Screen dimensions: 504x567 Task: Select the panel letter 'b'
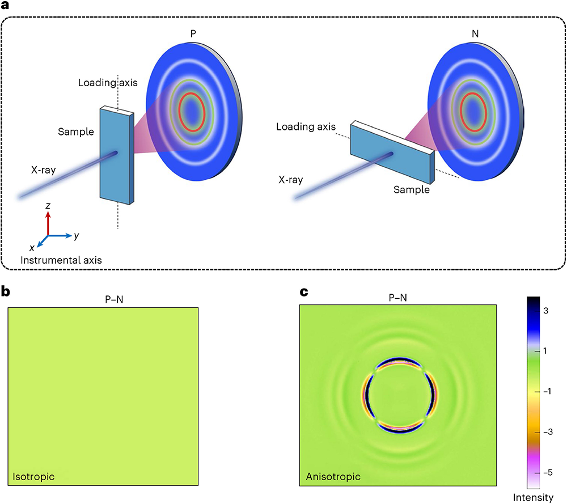coord(6,293)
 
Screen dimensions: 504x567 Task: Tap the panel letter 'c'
coord(303,293)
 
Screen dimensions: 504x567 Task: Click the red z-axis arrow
coord(48,222)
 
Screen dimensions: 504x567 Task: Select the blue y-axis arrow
coord(60,235)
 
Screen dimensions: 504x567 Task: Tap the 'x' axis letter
coord(32,248)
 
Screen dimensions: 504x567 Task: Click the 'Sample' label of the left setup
coord(75,132)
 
